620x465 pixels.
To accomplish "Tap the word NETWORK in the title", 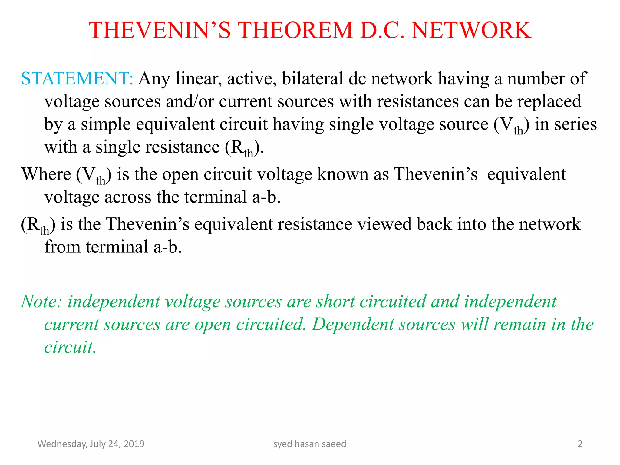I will click(x=471, y=31).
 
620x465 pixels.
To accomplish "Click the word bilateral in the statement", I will click(x=312, y=78).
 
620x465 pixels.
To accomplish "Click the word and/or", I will click(x=189, y=101).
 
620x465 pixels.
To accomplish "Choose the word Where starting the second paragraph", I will click(x=46, y=174).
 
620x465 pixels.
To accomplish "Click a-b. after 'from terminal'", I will click(x=167, y=247).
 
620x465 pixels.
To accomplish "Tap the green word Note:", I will click(x=41, y=302).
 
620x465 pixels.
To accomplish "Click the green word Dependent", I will click(x=353, y=324).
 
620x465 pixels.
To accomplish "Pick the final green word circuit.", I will click(x=70, y=347).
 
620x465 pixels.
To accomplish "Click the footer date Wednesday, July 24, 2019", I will click(x=91, y=444).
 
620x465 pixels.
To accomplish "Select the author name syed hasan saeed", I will click(x=309, y=444).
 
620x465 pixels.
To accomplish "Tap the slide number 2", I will click(x=580, y=444).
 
